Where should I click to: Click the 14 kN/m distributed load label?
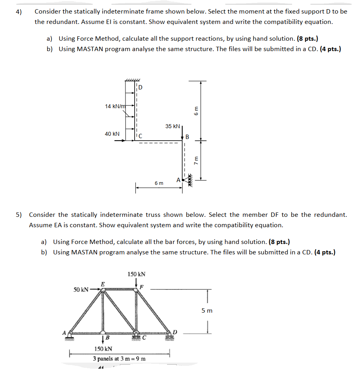tap(115, 106)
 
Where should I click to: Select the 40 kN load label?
tap(112, 134)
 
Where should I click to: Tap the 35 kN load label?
tap(172, 126)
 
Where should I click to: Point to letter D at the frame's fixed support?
tap(140, 87)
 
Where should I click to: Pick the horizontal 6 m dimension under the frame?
tap(159, 183)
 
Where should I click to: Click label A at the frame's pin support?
tap(178, 180)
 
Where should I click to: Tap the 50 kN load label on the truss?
tap(81, 289)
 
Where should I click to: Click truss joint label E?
tap(103, 284)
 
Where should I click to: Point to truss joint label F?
tap(141, 286)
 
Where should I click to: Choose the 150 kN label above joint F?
tap(136, 274)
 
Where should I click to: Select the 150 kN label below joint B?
tap(103, 349)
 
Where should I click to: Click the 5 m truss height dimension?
tap(207, 310)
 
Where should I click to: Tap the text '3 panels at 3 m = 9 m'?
tap(119, 358)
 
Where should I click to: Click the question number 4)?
tap(19, 12)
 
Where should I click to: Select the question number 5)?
tap(19, 215)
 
